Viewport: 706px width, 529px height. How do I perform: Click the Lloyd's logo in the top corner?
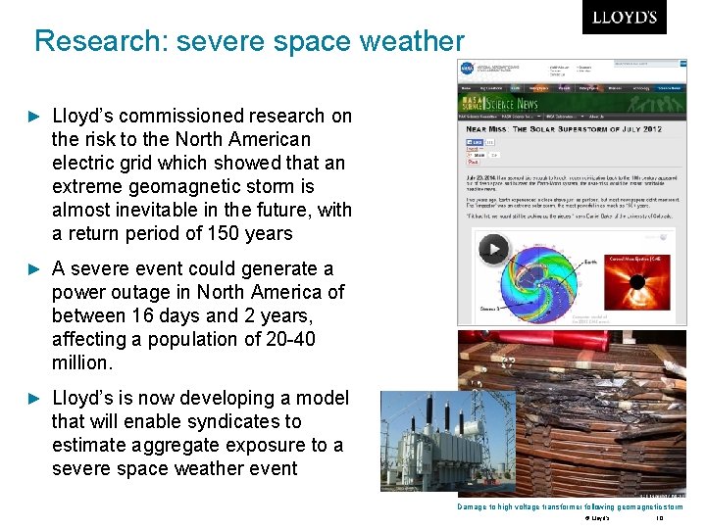[624, 18]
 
